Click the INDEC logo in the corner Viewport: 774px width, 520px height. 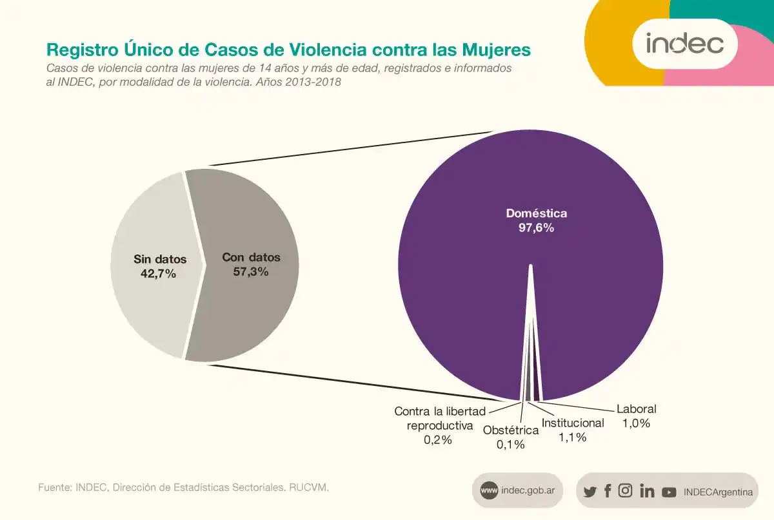point(684,44)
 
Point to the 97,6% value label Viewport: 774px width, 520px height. point(536,227)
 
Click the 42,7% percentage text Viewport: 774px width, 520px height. point(158,273)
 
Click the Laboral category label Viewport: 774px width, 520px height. point(636,409)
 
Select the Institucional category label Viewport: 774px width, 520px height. point(573,423)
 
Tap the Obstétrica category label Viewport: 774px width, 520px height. point(511,430)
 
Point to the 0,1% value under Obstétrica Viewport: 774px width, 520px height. point(510,444)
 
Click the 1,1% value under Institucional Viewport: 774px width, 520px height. point(572,438)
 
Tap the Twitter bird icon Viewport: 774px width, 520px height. point(590,492)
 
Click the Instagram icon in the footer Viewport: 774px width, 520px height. point(625,491)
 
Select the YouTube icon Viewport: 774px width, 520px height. point(669,492)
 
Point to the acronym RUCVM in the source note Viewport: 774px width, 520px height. point(310,488)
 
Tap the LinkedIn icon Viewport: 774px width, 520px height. point(647,491)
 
